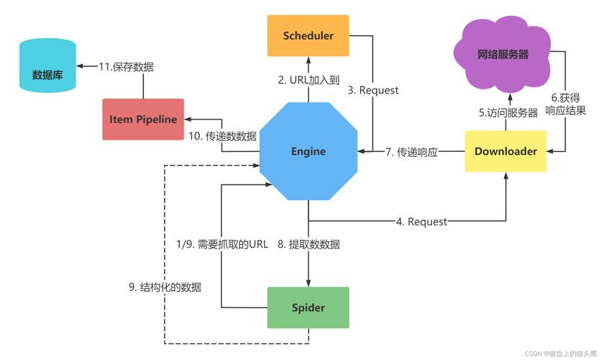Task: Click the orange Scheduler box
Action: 308,35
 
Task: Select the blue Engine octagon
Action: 308,151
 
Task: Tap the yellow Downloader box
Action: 506,151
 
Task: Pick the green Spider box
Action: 308,308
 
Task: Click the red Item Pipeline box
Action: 143,119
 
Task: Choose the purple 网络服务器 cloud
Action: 503,54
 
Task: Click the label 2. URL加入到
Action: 308,80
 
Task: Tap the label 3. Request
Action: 373,90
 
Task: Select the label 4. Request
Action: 421,222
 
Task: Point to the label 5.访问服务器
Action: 509,112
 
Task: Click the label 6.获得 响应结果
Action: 565,104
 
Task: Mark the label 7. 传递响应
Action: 411,152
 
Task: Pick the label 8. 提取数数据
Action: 309,244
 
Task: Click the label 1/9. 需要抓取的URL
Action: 222,244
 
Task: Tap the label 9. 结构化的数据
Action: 165,287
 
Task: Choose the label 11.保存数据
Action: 126,66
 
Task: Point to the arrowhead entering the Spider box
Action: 308,283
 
